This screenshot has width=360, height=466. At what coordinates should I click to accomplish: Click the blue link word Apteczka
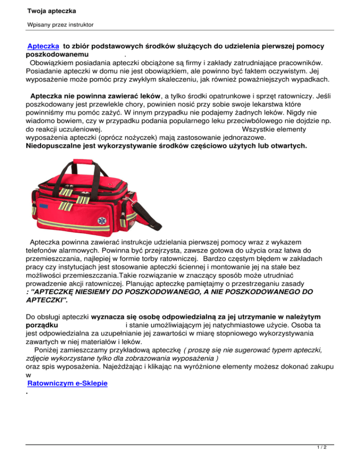point(43,47)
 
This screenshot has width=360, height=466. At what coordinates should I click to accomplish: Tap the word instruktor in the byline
point(78,23)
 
